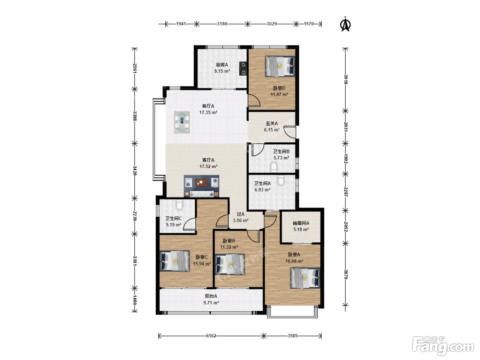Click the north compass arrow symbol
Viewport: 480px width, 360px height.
pyautogui.click(x=345, y=24)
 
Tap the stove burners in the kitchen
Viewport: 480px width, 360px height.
pyautogui.click(x=243, y=69)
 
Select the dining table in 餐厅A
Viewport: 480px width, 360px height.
pyautogui.click(x=182, y=122)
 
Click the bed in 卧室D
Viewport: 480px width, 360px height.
pyautogui.click(x=280, y=66)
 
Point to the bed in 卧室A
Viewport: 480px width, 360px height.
pyautogui.click(x=305, y=278)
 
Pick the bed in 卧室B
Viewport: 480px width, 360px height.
pyautogui.click(x=230, y=264)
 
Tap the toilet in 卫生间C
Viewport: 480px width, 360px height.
pyautogui.click(x=179, y=204)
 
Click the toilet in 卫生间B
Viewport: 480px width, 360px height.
pyautogui.click(x=274, y=167)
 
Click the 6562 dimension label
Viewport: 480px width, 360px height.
pyautogui.click(x=211, y=336)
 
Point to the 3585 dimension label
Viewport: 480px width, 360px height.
pyautogui.click(x=292, y=336)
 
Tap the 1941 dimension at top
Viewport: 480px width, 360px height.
pyautogui.click(x=181, y=24)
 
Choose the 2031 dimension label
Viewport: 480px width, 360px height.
pyautogui.click(x=346, y=127)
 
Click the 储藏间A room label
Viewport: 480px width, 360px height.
pyautogui.click(x=301, y=223)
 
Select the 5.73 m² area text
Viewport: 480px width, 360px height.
pyautogui.click(x=281, y=158)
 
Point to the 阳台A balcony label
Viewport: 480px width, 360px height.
pyautogui.click(x=211, y=296)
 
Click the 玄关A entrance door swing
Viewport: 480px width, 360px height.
pyautogui.click(x=289, y=132)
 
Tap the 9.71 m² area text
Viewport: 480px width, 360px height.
pyautogui.click(x=211, y=303)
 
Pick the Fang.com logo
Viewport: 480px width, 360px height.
pyautogui.click(x=443, y=347)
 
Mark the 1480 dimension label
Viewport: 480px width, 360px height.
pyautogui.click(x=135, y=300)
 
